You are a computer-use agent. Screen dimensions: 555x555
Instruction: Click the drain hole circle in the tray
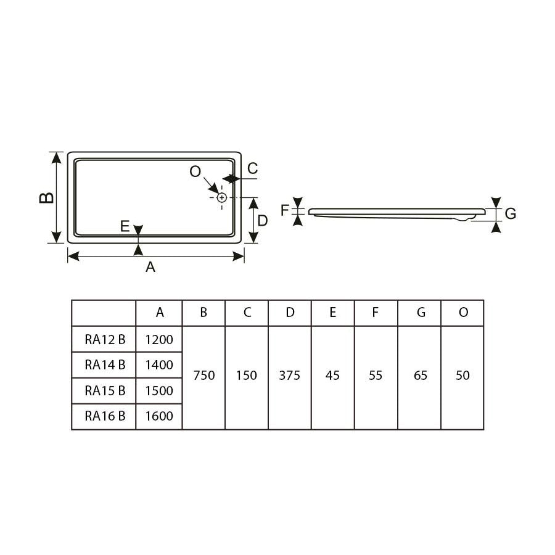click(x=222, y=197)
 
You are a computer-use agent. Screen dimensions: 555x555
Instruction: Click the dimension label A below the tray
click(x=150, y=267)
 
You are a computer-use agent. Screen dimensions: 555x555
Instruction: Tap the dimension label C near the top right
click(x=252, y=168)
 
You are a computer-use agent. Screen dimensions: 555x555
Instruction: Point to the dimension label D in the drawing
click(x=263, y=220)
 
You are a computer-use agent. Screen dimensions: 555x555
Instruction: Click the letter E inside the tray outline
click(x=125, y=226)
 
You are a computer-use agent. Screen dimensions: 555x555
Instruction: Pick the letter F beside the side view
click(x=285, y=211)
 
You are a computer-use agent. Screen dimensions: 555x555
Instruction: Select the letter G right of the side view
click(x=510, y=214)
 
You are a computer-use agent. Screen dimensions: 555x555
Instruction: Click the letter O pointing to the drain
click(x=195, y=172)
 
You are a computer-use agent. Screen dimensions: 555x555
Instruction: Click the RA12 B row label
click(x=105, y=339)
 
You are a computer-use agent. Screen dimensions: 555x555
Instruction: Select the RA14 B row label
click(x=105, y=365)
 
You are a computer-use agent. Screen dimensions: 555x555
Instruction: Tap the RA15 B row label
click(x=105, y=390)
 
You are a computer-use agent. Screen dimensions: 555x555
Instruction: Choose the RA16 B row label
click(x=105, y=416)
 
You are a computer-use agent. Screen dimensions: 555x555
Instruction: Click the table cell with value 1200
click(x=159, y=339)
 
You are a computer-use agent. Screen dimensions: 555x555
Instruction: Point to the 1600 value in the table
click(x=159, y=416)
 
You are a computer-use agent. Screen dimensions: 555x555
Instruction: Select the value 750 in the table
click(x=203, y=376)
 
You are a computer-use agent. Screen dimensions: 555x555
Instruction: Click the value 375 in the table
click(x=289, y=376)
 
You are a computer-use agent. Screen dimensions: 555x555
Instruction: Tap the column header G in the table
click(x=421, y=313)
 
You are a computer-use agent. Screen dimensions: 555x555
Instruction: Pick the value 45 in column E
click(x=332, y=376)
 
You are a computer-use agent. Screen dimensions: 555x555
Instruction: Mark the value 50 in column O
click(x=462, y=376)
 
